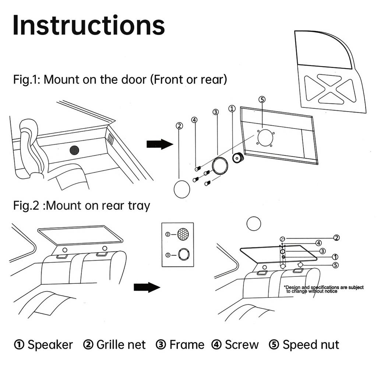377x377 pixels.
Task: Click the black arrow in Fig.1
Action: pyautogui.click(x=159, y=144)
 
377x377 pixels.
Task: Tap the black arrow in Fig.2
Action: pyautogui.click(x=147, y=287)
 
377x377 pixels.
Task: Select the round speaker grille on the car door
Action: pyautogui.click(x=75, y=150)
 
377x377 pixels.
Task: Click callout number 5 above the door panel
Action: pyautogui.click(x=262, y=99)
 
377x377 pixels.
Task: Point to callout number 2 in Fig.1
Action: pyautogui.click(x=179, y=126)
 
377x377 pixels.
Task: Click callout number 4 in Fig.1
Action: pyautogui.click(x=194, y=120)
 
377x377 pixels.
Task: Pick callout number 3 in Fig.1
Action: pyautogui.click(x=216, y=112)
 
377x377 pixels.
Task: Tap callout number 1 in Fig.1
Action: pyautogui.click(x=232, y=109)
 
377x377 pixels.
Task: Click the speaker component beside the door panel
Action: pyautogui.click(x=238, y=158)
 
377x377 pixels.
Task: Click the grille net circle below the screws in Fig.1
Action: pyautogui.click(x=182, y=189)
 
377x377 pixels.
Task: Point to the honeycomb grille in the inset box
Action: pyautogui.click(x=183, y=234)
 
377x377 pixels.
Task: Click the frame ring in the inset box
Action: pyautogui.click(x=183, y=254)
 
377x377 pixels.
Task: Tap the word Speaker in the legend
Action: pyautogui.click(x=50, y=345)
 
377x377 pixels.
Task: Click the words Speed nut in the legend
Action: pyautogui.click(x=311, y=345)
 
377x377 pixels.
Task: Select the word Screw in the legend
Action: pyautogui.click(x=242, y=345)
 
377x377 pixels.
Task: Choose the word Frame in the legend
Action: pyautogui.click(x=187, y=345)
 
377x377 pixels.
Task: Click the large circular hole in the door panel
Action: pyautogui.click(x=265, y=138)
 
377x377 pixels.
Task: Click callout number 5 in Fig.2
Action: pyautogui.click(x=335, y=265)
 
